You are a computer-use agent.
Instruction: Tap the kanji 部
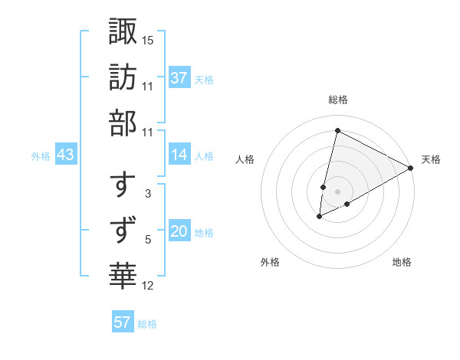click(x=123, y=122)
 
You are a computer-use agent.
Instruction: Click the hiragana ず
click(x=123, y=230)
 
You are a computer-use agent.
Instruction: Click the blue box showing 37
click(x=179, y=78)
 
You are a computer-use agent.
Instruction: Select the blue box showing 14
click(x=179, y=155)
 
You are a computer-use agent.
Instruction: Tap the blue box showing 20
click(x=179, y=232)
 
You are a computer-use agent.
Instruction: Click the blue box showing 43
click(x=66, y=155)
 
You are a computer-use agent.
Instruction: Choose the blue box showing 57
click(x=123, y=322)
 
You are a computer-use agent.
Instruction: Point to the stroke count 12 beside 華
click(x=148, y=286)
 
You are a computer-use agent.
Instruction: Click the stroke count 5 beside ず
click(x=148, y=240)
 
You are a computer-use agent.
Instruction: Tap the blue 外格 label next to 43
click(x=41, y=155)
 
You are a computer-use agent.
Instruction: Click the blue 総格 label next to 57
click(x=147, y=323)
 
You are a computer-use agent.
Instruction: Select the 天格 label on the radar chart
click(x=431, y=159)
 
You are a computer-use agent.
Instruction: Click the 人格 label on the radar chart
click(x=245, y=159)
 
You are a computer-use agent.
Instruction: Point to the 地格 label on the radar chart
click(x=402, y=262)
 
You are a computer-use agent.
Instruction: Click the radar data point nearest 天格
click(x=411, y=169)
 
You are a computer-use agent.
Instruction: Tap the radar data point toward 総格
click(x=337, y=130)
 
